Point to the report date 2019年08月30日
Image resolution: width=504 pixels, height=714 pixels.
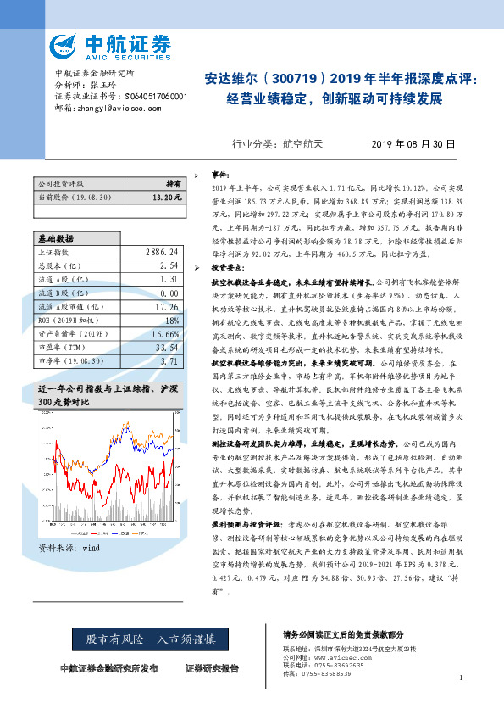pos(415,145)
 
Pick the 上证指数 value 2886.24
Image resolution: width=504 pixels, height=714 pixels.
pos(162,253)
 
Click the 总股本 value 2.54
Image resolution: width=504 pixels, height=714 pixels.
pos(168,265)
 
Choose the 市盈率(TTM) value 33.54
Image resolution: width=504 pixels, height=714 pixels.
pos(165,348)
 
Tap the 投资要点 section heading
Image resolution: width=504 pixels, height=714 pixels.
pos(228,266)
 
